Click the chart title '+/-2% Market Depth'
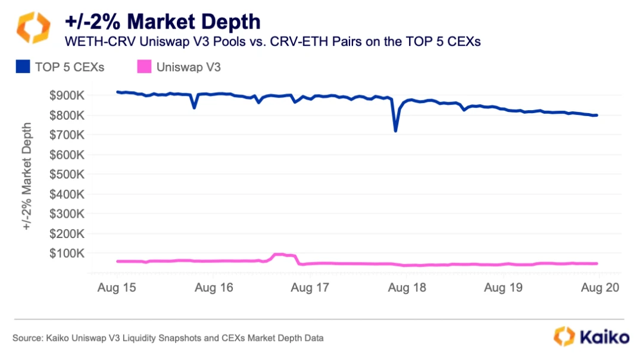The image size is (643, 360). point(163,22)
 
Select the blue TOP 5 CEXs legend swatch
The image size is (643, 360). point(23,67)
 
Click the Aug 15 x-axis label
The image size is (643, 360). point(117,288)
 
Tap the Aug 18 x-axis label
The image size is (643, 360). point(407,288)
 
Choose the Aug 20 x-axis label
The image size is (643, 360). point(600,288)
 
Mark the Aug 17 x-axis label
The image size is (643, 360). point(310,288)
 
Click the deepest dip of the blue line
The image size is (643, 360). point(395,130)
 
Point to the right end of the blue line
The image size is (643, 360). point(597,115)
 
